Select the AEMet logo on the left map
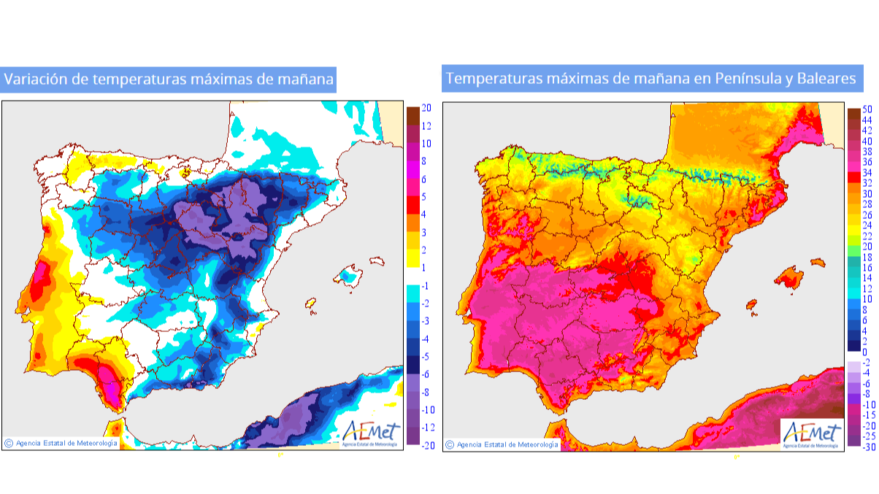371,431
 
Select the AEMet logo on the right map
810,433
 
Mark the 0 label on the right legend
866,352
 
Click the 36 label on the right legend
867,162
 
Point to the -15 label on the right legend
868,415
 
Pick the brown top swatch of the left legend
412,115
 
